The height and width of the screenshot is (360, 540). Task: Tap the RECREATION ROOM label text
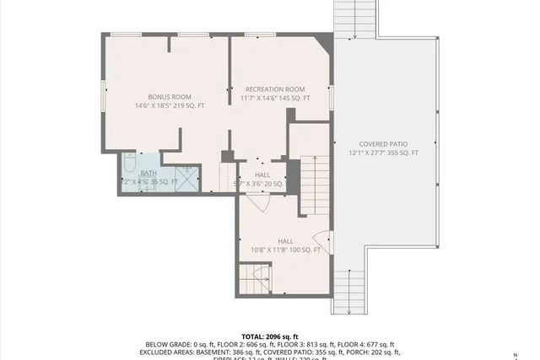[275, 89]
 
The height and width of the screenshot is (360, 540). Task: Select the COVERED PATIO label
[383, 144]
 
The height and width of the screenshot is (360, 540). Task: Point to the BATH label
[148, 172]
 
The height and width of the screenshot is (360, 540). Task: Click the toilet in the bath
[130, 161]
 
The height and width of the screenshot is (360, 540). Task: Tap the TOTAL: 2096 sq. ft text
[271, 336]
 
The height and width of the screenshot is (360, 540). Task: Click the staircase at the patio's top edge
[353, 19]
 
